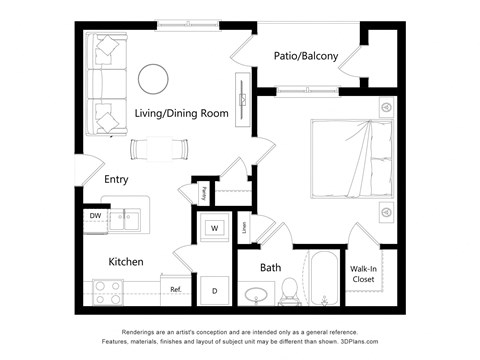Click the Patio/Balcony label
306,56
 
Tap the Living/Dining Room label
182,114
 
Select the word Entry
116,180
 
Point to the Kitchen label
126,262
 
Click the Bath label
271,268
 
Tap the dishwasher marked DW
95,215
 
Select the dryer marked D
214,290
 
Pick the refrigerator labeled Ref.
175,290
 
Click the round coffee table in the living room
153,77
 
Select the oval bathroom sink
256,294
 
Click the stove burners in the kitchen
107,291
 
